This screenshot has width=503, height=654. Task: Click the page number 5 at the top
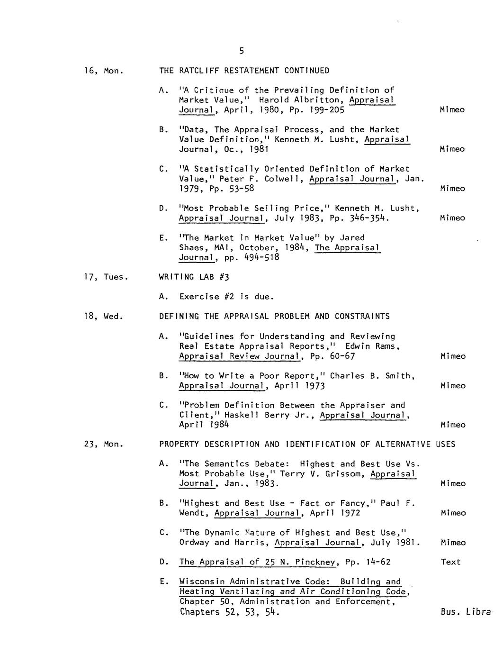(x=241, y=51)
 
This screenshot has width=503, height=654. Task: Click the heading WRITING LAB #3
(x=194, y=277)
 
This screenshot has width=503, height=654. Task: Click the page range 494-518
(x=261, y=257)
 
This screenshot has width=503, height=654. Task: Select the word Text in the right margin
(x=450, y=562)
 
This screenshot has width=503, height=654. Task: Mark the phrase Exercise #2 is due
(x=226, y=297)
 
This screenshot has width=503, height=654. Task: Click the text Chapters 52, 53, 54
(x=229, y=612)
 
